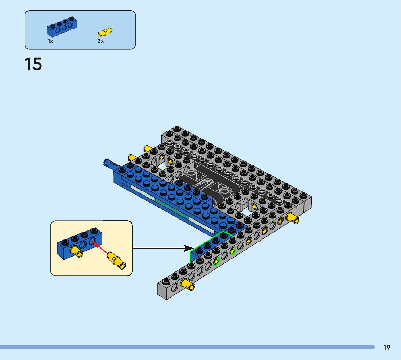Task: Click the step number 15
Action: [33, 64]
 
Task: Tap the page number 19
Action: [387, 348]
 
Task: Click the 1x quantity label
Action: [50, 41]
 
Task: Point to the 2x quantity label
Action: [100, 41]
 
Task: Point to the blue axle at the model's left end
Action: [110, 163]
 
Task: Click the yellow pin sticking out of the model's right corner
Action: [292, 218]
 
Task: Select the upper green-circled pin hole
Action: [232, 250]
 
